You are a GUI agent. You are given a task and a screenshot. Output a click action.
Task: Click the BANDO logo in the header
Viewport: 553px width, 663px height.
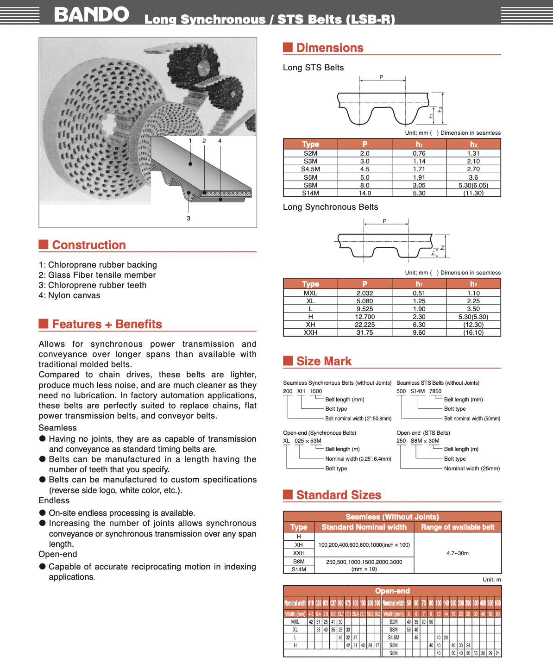(x=91, y=14)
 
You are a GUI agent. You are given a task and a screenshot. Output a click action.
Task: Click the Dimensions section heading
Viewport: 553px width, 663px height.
(x=329, y=48)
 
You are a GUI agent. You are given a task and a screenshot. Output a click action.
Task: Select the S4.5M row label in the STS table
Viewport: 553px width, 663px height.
(x=310, y=169)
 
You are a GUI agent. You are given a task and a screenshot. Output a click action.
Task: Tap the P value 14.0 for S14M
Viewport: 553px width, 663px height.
(x=364, y=193)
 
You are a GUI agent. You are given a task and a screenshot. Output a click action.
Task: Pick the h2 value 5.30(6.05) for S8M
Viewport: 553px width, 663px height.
(x=473, y=185)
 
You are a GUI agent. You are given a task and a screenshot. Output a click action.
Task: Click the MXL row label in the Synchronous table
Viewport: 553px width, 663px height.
(x=310, y=293)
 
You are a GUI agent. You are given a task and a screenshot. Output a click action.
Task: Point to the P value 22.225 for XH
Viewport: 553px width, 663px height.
(x=364, y=325)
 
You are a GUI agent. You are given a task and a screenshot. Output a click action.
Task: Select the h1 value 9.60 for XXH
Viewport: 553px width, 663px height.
(x=419, y=332)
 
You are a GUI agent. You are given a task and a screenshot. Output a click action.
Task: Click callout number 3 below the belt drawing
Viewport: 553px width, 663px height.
(x=189, y=218)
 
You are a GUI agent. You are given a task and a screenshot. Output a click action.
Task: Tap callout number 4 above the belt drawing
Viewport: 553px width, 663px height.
(x=220, y=141)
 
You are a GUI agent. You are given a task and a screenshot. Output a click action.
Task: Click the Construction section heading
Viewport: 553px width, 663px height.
(x=88, y=245)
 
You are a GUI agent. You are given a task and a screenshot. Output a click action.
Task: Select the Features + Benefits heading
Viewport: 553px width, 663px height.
(x=107, y=324)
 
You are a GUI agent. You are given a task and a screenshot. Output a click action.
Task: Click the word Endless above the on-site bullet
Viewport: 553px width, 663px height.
(x=54, y=500)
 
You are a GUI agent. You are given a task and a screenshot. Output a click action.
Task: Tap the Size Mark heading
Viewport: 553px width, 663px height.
(x=324, y=361)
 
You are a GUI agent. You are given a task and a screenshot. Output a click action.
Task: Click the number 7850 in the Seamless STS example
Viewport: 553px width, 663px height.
(x=435, y=391)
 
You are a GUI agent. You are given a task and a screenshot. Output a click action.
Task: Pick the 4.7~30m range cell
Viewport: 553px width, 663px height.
(x=458, y=553)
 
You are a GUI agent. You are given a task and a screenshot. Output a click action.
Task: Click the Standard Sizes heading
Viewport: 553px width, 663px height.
(x=339, y=495)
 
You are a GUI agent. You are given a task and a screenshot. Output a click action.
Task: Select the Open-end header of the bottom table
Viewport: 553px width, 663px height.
(x=392, y=591)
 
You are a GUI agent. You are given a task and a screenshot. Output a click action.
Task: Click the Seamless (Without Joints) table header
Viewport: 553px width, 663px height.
(x=392, y=517)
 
